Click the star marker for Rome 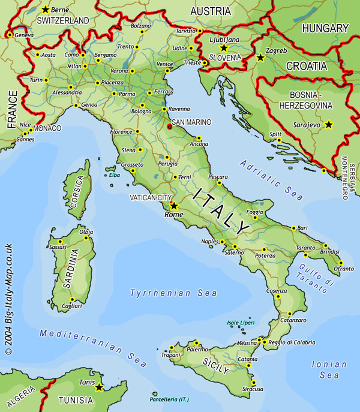click(x=174, y=206)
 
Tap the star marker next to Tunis click(x=99, y=387)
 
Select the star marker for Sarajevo click(x=328, y=125)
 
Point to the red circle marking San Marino click(x=170, y=127)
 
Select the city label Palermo click(x=197, y=349)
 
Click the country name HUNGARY click(x=325, y=28)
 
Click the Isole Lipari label click(x=241, y=323)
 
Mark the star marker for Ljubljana click(x=224, y=47)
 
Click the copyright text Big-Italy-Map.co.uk click(x=8, y=300)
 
